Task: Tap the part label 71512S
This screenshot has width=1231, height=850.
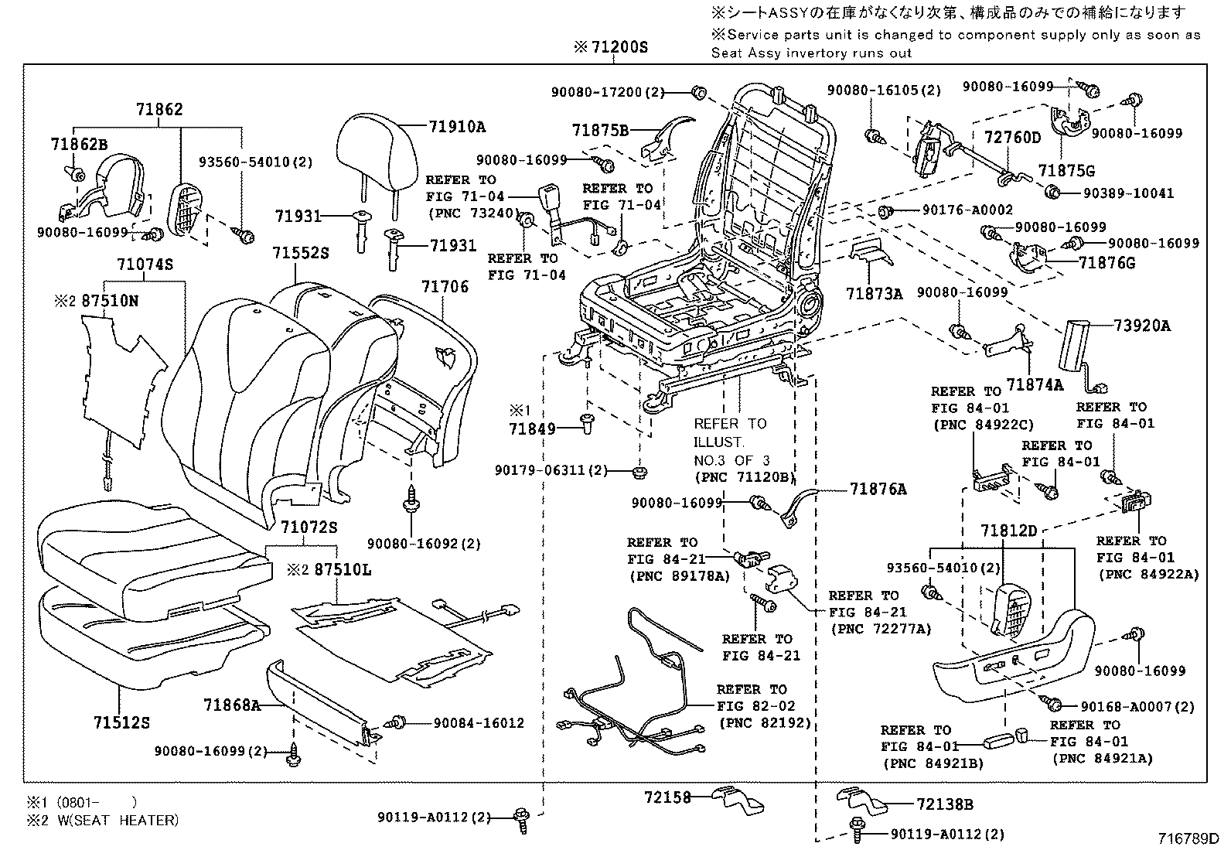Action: click(x=121, y=722)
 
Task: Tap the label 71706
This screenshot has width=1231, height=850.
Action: click(x=445, y=287)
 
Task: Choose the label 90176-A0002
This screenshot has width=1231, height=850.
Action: click(x=967, y=210)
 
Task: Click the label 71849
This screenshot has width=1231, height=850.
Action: click(x=532, y=428)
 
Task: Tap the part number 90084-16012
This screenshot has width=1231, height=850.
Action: click(x=478, y=723)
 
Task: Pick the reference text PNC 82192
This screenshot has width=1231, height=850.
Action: click(x=765, y=723)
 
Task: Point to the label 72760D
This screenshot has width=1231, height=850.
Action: click(x=1012, y=138)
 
